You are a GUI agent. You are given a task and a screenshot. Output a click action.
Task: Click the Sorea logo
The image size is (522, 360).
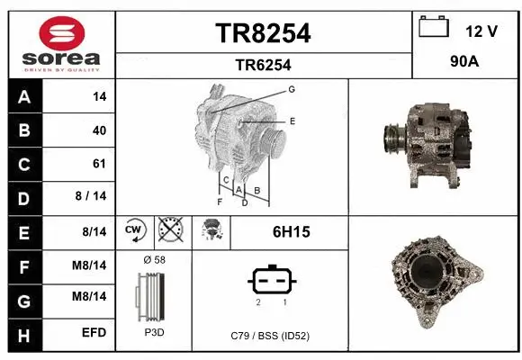click(61, 42)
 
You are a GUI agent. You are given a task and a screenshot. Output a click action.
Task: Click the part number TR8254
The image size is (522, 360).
click(263, 33)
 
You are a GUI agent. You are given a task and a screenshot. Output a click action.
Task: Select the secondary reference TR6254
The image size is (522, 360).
click(263, 65)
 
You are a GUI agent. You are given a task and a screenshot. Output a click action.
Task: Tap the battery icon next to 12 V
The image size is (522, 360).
click(434, 28)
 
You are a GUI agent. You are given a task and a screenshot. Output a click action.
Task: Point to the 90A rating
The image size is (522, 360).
click(465, 64)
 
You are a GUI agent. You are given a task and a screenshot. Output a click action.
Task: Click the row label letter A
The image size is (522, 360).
click(23, 97)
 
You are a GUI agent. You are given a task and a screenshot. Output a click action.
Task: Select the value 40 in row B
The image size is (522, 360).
click(99, 130)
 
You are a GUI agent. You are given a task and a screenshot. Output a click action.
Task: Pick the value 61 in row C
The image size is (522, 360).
click(99, 164)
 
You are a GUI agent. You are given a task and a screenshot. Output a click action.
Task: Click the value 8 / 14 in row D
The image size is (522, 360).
click(93, 197)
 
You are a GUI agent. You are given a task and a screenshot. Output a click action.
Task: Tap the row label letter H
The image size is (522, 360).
click(23, 333)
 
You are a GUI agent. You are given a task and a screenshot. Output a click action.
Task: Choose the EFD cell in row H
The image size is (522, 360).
click(94, 333)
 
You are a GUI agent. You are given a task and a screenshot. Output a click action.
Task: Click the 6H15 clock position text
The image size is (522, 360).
click(291, 232)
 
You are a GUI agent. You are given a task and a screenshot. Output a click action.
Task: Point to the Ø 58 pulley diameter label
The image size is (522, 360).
click(154, 259)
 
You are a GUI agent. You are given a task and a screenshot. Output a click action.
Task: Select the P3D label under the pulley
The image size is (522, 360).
click(154, 332)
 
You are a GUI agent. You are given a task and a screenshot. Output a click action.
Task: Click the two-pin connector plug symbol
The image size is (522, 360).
click(271, 281)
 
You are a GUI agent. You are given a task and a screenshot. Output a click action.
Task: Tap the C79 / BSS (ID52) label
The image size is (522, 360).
click(271, 335)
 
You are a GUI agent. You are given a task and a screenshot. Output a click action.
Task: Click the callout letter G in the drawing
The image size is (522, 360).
click(292, 89)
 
